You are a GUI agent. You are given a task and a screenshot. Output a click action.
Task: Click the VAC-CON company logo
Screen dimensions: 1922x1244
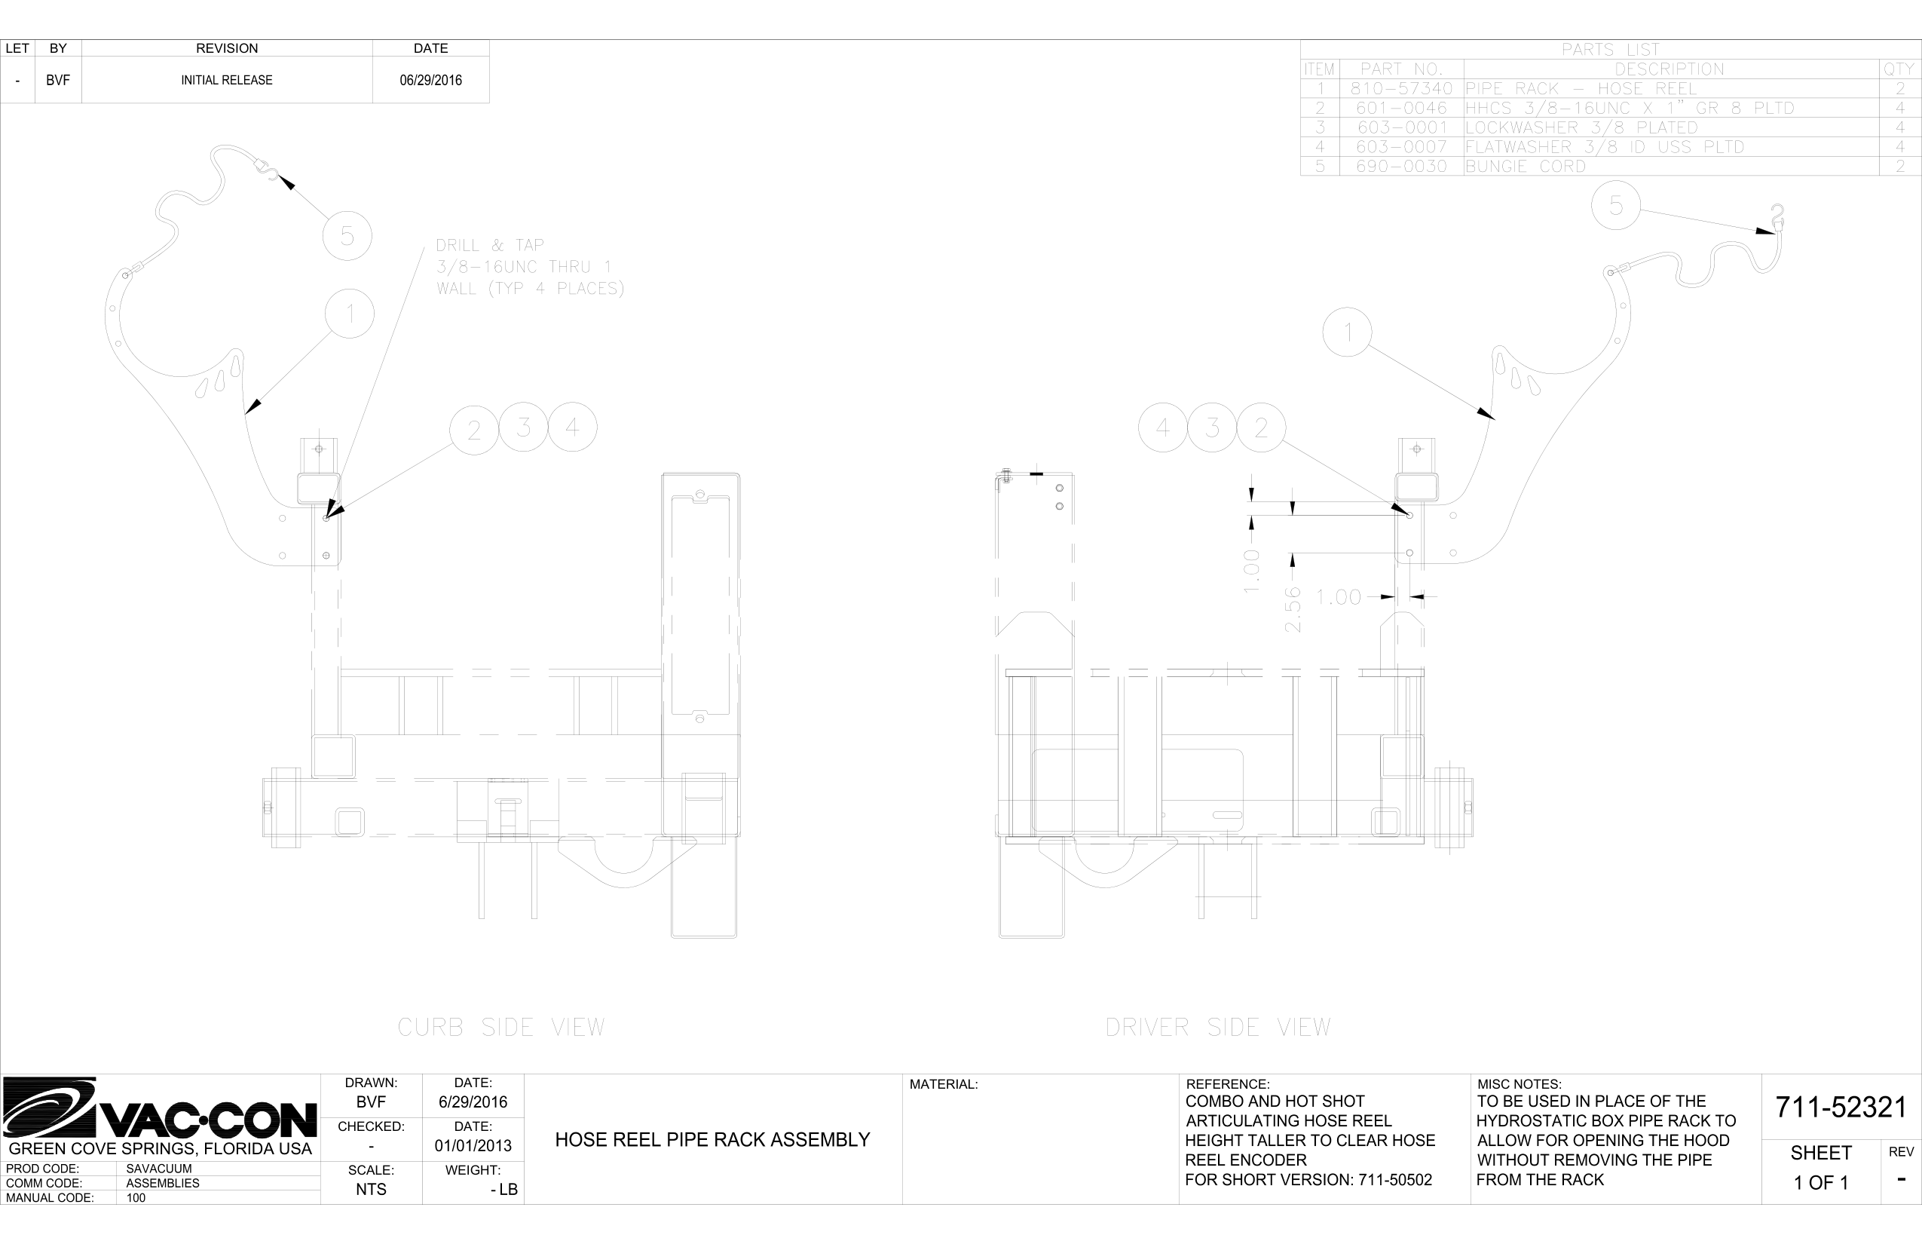(x=160, y=1108)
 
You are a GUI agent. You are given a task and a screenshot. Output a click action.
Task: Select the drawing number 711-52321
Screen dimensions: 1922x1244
(x=1841, y=1107)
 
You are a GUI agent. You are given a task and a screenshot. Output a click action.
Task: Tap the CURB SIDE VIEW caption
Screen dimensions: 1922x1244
(x=500, y=1028)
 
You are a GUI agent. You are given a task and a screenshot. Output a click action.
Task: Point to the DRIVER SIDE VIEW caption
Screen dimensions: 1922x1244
(x=1218, y=1028)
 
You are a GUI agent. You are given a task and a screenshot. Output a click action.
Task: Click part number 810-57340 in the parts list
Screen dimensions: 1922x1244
(x=1401, y=89)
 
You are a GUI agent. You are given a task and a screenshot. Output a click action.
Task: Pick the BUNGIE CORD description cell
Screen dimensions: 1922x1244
(x=1526, y=167)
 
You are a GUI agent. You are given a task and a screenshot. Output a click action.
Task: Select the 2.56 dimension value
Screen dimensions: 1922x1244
(x=1293, y=610)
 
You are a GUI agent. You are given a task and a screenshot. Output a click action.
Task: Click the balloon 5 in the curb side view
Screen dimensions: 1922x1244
(x=347, y=236)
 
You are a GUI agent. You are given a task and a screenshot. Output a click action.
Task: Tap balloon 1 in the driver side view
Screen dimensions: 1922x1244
(x=1348, y=332)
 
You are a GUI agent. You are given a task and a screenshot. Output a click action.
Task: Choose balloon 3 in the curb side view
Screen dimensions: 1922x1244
(x=523, y=427)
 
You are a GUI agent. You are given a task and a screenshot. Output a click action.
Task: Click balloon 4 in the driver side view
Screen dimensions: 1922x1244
(x=1163, y=427)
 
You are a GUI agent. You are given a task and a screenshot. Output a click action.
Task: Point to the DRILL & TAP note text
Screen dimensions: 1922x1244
(x=530, y=267)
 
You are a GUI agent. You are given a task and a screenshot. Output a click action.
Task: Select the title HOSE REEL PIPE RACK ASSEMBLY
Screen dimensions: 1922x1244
(x=712, y=1140)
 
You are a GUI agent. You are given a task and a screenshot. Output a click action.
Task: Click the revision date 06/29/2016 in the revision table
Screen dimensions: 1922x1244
(x=430, y=80)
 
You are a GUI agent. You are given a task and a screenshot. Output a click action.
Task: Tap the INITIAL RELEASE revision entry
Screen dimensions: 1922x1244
(x=226, y=80)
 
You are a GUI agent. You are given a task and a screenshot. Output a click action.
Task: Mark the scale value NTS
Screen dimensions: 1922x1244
(x=371, y=1190)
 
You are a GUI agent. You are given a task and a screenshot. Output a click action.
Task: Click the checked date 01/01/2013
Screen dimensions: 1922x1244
(x=473, y=1145)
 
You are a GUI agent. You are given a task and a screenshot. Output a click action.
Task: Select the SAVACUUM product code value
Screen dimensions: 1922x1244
(x=159, y=1169)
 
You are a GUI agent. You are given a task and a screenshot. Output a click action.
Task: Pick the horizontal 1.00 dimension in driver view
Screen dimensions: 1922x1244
(x=1339, y=597)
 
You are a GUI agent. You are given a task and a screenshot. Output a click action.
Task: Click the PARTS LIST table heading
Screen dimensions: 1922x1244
(x=1610, y=50)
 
